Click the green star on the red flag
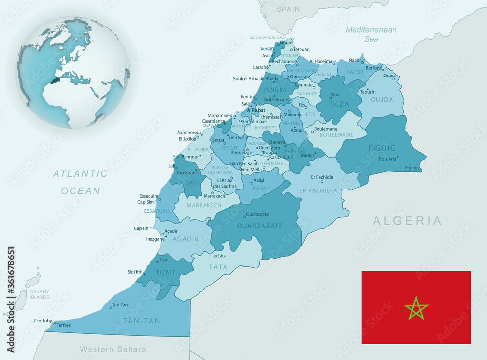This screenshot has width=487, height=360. (416, 308)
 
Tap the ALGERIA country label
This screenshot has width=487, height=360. (407, 221)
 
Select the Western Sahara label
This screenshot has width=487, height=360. (113, 349)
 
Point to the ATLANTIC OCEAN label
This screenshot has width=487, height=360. (80, 182)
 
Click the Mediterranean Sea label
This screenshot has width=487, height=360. (371, 34)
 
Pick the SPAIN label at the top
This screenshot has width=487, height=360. (288, 9)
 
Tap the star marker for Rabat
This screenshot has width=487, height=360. (248, 110)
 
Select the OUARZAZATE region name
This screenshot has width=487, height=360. (260, 226)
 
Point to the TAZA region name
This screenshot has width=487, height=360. (340, 104)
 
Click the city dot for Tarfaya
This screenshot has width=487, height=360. (54, 324)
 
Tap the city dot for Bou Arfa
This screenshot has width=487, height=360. (397, 157)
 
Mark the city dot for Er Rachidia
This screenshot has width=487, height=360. (322, 182)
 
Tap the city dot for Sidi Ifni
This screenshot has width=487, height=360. (144, 274)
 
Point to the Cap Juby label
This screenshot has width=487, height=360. (42, 321)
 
